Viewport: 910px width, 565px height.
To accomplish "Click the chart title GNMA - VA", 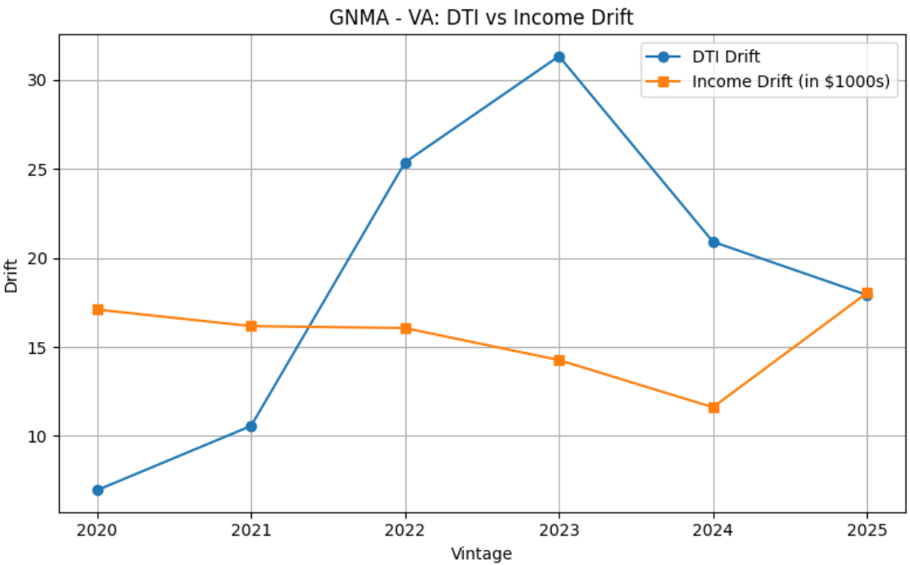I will pyautogui.click(x=481, y=16).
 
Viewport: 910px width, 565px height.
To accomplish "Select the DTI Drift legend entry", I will pyautogui.click(x=726, y=57).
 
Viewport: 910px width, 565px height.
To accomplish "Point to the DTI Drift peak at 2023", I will pyautogui.click(x=559, y=57).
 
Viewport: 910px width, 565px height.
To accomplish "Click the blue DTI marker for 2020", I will pyautogui.click(x=98, y=490).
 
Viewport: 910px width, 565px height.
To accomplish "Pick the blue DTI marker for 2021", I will pyautogui.click(x=251, y=426).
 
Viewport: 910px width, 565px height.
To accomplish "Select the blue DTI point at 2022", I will pyautogui.click(x=406, y=163).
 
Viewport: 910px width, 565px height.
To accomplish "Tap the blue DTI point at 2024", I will pyautogui.click(x=713, y=242).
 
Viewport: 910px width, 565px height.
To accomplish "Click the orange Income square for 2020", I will pyautogui.click(x=98, y=310).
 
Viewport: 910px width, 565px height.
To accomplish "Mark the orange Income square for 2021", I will pyautogui.click(x=251, y=326).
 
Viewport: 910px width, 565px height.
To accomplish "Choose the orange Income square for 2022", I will pyautogui.click(x=406, y=329).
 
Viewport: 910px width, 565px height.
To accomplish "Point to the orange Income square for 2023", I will pyautogui.click(x=559, y=361).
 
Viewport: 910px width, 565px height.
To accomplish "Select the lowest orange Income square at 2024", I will pyautogui.click(x=713, y=407).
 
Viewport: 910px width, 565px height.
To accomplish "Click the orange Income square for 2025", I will pyautogui.click(x=867, y=293).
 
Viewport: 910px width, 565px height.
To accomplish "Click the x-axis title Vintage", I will pyautogui.click(x=481, y=554).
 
